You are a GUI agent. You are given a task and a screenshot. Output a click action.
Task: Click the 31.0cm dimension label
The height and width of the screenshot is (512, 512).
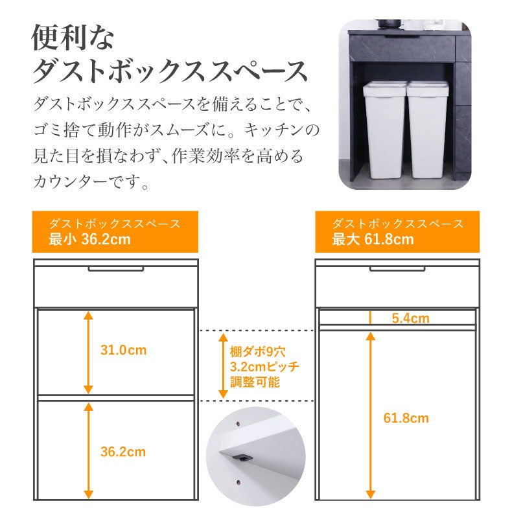[123, 350]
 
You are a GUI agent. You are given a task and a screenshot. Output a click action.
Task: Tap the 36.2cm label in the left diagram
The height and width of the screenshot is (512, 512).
[123, 452]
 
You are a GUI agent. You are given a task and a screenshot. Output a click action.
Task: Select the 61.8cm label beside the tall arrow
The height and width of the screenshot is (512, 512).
[406, 418]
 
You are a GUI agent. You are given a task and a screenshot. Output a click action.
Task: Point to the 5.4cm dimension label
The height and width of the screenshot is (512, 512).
[411, 318]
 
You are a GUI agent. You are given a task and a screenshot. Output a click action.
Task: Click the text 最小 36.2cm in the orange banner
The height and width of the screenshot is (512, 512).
[90, 239]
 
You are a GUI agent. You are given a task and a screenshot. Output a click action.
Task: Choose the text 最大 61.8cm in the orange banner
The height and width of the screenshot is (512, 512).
[373, 239]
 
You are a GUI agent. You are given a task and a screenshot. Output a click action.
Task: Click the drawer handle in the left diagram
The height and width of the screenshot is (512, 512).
[115, 269]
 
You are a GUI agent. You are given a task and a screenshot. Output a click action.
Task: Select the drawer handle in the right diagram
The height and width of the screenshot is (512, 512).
[397, 269]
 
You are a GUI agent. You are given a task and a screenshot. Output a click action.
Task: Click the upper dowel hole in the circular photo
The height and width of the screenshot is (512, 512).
[238, 424]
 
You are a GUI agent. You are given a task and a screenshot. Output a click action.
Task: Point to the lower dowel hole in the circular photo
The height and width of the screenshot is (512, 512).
[239, 482]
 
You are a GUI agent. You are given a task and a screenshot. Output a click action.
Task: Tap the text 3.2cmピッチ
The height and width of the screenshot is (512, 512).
[264, 367]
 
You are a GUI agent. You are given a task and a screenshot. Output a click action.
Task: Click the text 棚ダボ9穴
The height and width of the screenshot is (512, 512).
[258, 352]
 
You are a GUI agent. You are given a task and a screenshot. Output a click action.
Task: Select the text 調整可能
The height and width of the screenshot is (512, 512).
[255, 382]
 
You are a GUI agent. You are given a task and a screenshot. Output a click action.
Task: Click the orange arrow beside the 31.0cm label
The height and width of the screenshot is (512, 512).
[88, 353]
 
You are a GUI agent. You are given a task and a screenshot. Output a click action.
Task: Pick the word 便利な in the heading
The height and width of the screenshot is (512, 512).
[73, 38]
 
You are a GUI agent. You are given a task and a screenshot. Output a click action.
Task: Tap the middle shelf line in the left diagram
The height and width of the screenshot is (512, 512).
[115, 398]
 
